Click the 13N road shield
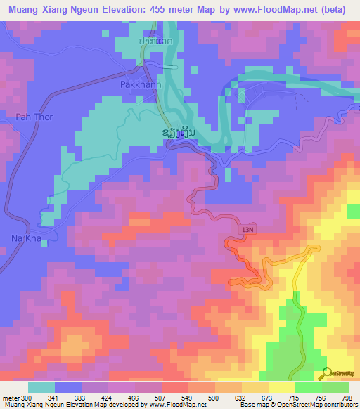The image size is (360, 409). (247, 230)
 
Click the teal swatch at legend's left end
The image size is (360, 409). (41, 387)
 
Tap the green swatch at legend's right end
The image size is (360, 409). (335, 387)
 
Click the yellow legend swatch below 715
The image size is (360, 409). (282, 387)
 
